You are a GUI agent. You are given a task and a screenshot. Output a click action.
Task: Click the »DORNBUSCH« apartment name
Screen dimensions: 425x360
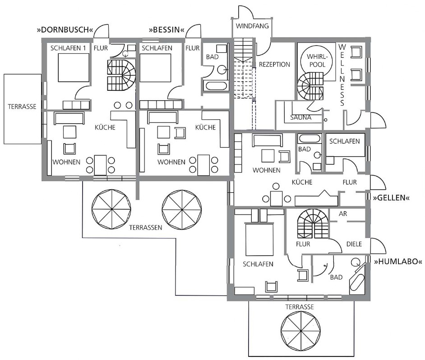(67, 29)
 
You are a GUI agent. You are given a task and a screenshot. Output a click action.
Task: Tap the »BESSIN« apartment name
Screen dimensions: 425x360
(166, 29)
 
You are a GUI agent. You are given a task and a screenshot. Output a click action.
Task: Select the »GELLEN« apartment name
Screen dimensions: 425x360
(391, 198)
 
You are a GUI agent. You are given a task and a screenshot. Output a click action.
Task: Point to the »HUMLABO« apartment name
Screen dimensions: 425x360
(398, 262)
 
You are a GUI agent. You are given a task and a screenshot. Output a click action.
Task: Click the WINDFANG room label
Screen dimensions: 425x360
(252, 26)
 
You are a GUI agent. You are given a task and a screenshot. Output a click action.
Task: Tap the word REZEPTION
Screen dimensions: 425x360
(274, 65)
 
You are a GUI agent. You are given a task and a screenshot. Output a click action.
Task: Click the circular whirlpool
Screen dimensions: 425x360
(317, 61)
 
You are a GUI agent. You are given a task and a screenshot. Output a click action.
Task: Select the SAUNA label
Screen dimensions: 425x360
(300, 117)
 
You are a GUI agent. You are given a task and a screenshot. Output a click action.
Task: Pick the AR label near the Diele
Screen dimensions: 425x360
(343, 214)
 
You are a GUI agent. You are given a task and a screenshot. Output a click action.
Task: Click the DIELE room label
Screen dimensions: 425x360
(354, 244)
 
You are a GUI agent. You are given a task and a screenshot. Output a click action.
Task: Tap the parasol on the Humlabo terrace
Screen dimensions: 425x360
(300, 331)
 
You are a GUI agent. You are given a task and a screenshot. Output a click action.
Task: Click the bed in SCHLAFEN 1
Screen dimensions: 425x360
(74, 68)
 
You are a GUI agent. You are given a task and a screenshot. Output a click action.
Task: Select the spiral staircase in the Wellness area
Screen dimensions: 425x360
(311, 87)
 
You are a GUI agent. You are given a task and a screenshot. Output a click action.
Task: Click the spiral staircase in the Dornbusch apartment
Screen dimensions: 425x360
(121, 75)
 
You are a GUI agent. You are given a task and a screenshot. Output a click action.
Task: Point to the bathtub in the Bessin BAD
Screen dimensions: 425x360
(216, 86)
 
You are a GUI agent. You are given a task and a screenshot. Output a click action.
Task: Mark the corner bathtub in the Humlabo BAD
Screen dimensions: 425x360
(357, 279)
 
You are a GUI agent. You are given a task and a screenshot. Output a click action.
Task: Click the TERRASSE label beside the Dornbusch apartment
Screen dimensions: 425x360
(22, 107)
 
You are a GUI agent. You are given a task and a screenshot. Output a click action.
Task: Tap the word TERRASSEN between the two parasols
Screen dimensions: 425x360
(146, 228)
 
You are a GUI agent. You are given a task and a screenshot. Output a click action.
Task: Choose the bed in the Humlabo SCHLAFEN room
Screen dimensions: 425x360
(259, 240)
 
